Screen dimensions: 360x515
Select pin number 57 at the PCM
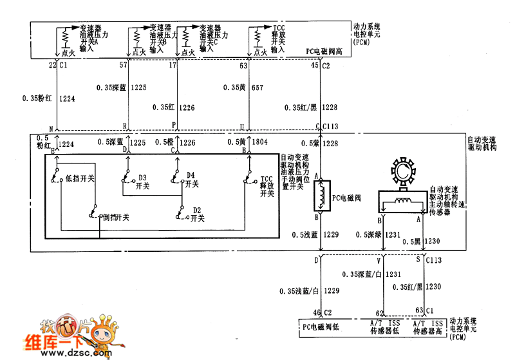point(124,65)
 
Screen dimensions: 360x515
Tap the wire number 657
point(257,87)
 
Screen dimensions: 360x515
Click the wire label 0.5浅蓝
point(305,234)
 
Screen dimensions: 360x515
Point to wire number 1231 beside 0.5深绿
point(393,234)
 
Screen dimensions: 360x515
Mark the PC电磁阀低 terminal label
point(325,327)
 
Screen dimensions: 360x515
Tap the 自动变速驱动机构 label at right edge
point(487,143)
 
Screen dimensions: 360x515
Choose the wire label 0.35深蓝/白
point(362,274)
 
